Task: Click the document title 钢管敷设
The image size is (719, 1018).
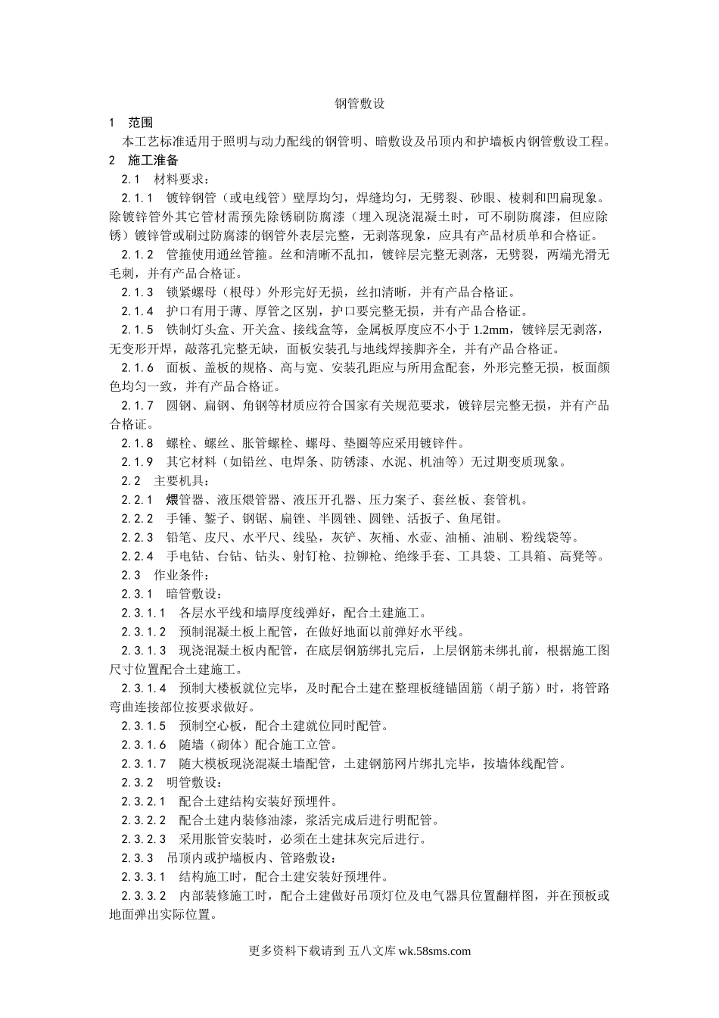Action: tap(359, 104)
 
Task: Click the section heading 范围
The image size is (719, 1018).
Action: tap(141, 123)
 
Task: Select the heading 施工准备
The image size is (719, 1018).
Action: tap(154, 161)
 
